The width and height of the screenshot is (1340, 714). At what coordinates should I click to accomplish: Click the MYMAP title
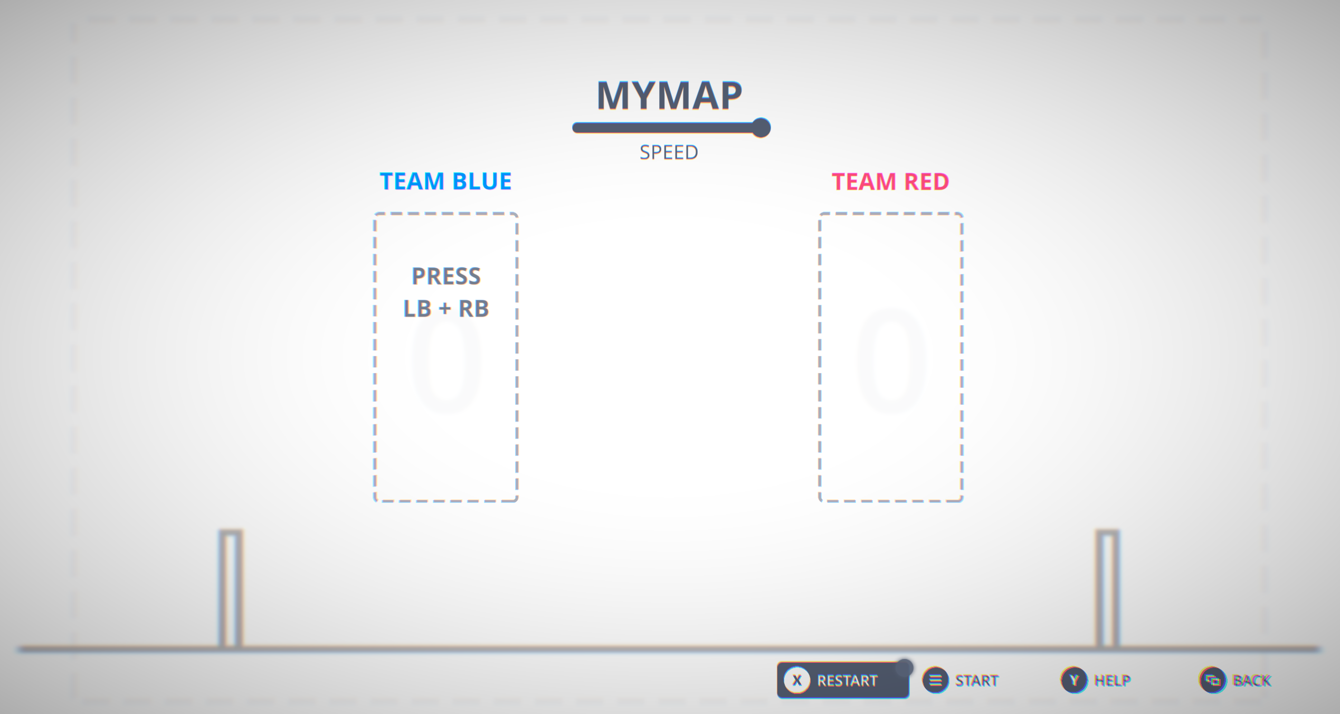pos(669,96)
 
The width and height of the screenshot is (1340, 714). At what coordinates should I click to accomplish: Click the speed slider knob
pos(761,128)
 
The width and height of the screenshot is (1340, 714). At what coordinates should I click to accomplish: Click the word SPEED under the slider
pos(669,153)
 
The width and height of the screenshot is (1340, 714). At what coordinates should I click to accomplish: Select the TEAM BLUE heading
pos(445,182)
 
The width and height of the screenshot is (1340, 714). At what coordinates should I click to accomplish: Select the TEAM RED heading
pos(890,182)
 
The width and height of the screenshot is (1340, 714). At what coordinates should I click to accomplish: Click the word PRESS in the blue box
pos(446,276)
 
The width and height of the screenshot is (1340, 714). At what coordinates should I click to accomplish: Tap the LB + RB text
pos(446,309)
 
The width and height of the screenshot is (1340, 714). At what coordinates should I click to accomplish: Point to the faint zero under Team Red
pos(891,361)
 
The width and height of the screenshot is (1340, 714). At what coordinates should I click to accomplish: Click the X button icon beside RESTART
pos(797,681)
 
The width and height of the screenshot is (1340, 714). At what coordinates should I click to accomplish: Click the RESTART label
pos(847,681)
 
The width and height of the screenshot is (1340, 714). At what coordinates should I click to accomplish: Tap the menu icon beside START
pos(935,681)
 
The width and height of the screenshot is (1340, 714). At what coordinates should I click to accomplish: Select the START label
pos(976,681)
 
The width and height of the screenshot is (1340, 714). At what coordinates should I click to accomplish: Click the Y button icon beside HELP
pos(1074,681)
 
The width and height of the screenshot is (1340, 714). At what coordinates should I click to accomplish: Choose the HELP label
pos(1112,681)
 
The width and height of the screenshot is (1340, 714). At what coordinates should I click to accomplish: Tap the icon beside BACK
pos(1212,681)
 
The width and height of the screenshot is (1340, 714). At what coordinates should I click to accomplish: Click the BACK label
pos(1252,681)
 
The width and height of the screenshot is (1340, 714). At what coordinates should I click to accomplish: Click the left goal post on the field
pos(231,588)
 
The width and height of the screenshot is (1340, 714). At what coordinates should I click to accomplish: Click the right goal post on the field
pos(1107,588)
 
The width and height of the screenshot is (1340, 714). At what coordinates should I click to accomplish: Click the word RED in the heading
pos(927,182)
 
